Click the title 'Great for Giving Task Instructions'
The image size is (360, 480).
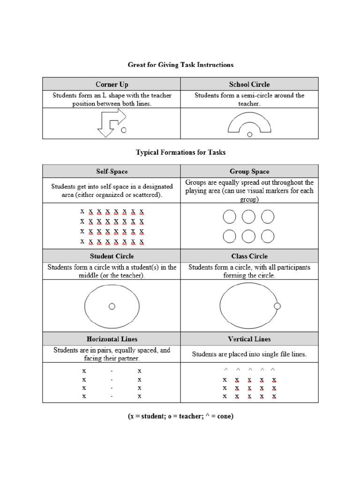180,64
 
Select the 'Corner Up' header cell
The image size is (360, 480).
112,84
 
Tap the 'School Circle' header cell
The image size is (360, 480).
249,84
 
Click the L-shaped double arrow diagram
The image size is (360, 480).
111,123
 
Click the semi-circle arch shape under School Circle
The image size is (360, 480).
249,122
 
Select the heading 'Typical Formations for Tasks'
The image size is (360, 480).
180,152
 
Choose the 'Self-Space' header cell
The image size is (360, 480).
112,172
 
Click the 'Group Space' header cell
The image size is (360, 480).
249,172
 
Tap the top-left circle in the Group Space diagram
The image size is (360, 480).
229,217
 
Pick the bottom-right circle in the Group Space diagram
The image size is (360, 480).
268,237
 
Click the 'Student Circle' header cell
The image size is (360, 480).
112,256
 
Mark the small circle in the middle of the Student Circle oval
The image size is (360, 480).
112,306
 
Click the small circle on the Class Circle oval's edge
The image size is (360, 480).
277,306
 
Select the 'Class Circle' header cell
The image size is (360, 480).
249,256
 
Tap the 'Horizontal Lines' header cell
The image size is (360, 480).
112,339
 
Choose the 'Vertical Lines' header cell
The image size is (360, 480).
249,339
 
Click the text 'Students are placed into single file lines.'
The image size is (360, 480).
249,354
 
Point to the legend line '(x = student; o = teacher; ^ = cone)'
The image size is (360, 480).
180,416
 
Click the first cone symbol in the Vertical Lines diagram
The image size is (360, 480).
225,369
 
